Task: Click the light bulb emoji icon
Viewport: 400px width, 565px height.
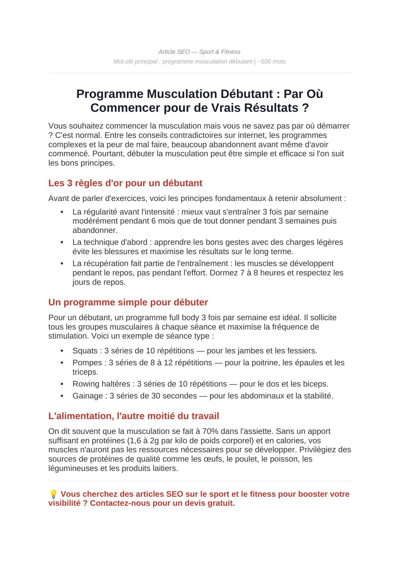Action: [53, 494]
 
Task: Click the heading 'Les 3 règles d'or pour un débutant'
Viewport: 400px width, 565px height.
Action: [125, 183]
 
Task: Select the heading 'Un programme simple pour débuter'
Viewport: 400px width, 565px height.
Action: [128, 302]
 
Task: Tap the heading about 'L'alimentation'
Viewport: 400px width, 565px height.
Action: [133, 416]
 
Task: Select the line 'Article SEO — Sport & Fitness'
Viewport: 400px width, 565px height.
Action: [199, 52]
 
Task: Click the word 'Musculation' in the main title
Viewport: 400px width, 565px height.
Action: [182, 94]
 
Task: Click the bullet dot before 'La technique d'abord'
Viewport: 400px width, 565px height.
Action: [62, 242]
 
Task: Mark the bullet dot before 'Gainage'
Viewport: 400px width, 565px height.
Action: [62, 396]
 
